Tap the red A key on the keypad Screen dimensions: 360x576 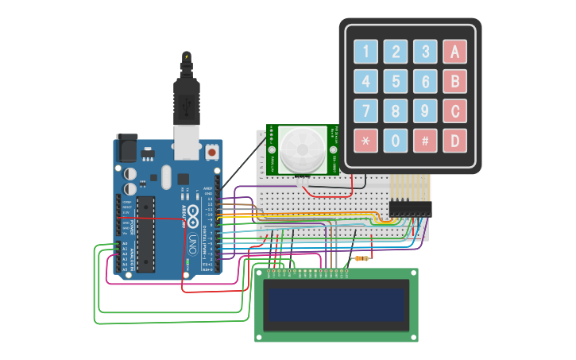pos(454,52)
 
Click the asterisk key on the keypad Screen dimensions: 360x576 pos(365,141)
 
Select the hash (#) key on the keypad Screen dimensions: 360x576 pos(425,141)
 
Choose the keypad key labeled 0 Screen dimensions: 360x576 pos(395,141)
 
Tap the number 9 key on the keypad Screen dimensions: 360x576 pos(425,111)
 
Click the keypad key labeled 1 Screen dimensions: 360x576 pos(365,52)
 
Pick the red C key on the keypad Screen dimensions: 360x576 pos(454,111)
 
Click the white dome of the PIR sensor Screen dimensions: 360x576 pos(301,150)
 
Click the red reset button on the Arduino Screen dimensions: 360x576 pos(212,150)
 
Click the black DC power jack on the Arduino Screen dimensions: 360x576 pos(127,148)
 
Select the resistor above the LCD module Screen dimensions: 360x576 pos(362,258)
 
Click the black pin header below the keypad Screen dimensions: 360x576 pos(410,208)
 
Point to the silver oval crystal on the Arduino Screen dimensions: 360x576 pos(166,176)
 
